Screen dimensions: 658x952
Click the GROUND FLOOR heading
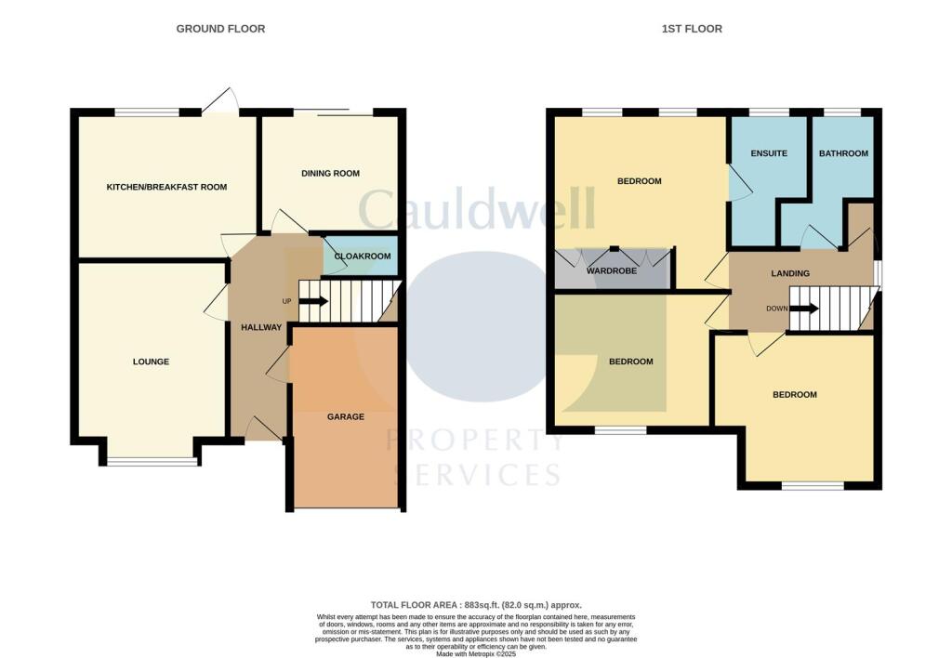coord(220,29)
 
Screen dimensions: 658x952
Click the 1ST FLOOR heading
coord(691,29)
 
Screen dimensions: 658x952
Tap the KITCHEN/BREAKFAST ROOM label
coord(166,187)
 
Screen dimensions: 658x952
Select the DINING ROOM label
coord(330,174)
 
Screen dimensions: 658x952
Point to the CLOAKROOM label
coord(363,257)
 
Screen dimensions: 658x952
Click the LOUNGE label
coord(151,362)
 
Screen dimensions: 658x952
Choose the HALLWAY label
coord(261,327)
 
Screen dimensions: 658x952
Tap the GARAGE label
coord(345,416)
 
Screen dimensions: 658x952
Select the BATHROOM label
coord(843,153)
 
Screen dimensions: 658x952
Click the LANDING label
coord(790,273)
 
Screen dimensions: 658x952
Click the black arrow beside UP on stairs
coord(313,301)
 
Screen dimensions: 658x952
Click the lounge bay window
coord(152,462)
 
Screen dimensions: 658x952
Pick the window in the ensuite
coord(768,112)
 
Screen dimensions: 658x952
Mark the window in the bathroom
coord(842,112)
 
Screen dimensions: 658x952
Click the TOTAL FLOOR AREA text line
coord(475,604)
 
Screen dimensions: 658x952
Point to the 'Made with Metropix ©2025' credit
coord(475,653)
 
